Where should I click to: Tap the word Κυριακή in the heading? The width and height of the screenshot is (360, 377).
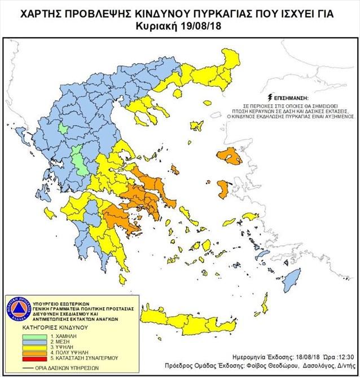160,26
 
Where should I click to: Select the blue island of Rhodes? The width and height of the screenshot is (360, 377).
292,277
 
